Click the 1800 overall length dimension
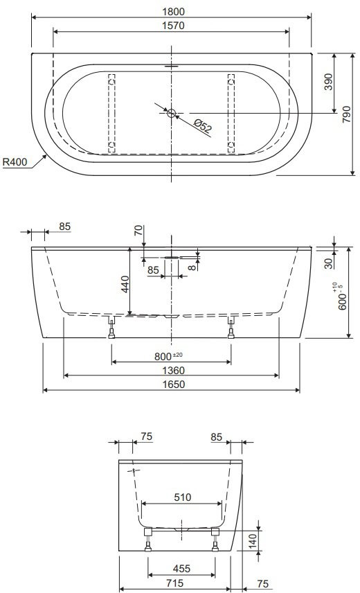click(173, 11)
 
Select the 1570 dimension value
click(173, 26)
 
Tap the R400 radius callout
click(15, 162)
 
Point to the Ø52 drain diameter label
click(203, 125)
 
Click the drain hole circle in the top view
click(172, 113)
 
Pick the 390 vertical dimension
click(329, 82)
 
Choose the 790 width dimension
click(346, 114)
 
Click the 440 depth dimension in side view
click(125, 284)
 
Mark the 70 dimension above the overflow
click(139, 230)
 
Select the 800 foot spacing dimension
click(168, 356)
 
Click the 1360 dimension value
click(173, 371)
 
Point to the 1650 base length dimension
click(173, 384)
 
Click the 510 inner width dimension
click(183, 497)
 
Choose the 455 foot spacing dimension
click(181, 569)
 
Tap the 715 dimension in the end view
click(175, 583)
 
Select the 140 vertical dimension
click(253, 541)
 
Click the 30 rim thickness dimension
click(328, 263)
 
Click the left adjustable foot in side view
click(111, 328)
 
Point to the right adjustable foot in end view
click(215, 540)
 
